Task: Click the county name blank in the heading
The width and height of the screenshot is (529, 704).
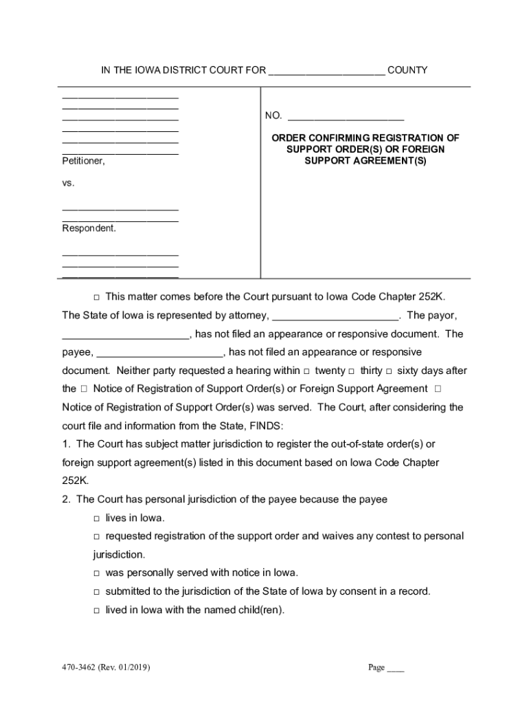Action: click(326, 71)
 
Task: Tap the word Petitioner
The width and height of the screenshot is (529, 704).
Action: click(83, 161)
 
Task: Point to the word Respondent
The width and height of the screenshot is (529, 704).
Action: click(89, 228)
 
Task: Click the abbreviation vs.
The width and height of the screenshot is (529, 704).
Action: click(68, 184)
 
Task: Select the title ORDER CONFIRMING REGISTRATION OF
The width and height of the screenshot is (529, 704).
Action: click(365, 138)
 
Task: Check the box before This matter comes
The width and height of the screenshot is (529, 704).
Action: click(96, 297)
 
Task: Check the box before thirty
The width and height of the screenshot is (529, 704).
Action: click(352, 371)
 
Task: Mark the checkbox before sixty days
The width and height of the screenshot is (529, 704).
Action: click(390, 371)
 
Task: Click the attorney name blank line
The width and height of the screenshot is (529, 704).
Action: click(336, 316)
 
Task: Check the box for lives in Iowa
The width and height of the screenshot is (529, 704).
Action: click(97, 518)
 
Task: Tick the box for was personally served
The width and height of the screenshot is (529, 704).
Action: click(97, 573)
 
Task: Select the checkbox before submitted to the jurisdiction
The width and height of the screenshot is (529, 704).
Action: click(97, 591)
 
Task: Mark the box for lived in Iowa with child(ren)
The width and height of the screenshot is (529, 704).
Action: click(97, 610)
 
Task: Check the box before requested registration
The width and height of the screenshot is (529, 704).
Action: click(97, 536)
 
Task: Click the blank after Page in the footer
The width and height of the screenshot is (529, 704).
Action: click(396, 668)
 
